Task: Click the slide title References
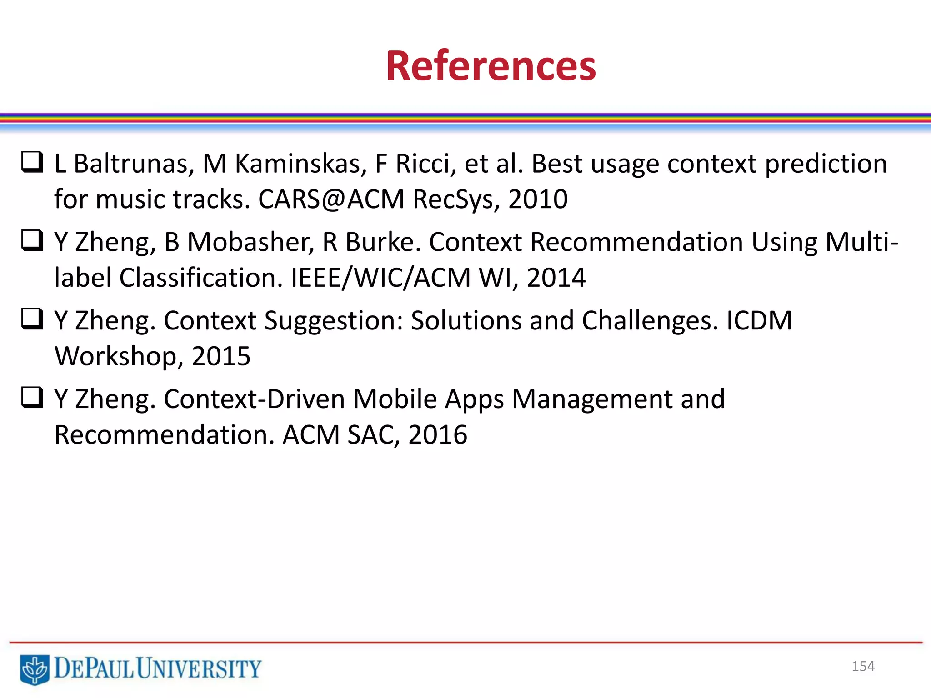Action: tap(491, 66)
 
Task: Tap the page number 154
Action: tap(863, 666)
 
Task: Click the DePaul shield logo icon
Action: tap(34, 669)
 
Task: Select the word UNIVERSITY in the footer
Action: tap(199, 668)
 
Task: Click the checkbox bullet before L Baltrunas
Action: tap(32, 162)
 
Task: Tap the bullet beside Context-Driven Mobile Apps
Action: tap(32, 398)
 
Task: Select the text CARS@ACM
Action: tap(331, 199)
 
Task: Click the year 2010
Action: tap(538, 199)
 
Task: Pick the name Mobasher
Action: tap(250, 242)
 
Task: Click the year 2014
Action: tap(556, 278)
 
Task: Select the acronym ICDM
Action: tap(759, 320)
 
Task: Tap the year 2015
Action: tap(221, 356)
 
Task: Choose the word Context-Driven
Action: tap(255, 399)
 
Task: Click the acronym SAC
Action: tap(373, 435)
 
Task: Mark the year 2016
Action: tap(438, 435)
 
